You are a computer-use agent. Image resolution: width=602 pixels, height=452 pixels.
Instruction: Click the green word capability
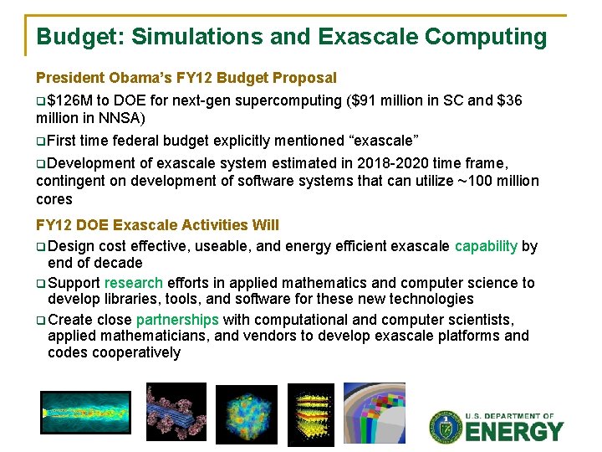(486, 246)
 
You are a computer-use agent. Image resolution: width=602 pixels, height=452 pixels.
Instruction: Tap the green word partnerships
(177, 320)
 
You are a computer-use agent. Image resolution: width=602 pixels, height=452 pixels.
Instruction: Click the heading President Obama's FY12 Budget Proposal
(186, 78)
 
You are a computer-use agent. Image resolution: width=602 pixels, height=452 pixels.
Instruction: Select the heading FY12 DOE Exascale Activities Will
(157, 225)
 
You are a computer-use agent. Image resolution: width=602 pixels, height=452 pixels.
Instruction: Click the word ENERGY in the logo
(514, 432)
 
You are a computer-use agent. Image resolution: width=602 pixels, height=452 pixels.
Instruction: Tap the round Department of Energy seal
(446, 427)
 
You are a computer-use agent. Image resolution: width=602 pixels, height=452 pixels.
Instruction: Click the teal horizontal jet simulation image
(85, 413)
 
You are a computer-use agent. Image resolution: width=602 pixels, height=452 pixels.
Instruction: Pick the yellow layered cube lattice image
(310, 415)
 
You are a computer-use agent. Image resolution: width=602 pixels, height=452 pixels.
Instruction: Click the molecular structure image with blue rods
(175, 412)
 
